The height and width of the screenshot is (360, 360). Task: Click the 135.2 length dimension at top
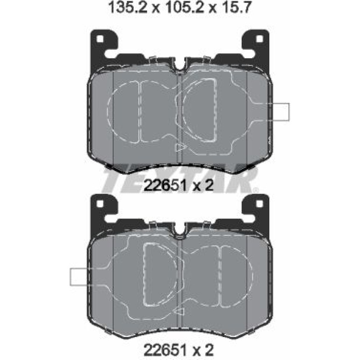point(129,7)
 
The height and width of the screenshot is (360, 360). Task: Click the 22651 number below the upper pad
point(165,186)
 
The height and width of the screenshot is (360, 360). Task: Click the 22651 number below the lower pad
point(165,350)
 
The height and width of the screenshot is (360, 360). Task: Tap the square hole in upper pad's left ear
point(100,39)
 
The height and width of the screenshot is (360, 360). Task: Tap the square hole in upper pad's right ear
point(259,39)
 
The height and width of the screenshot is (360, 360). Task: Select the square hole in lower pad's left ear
point(100,203)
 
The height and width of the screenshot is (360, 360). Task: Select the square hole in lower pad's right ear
point(259,203)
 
